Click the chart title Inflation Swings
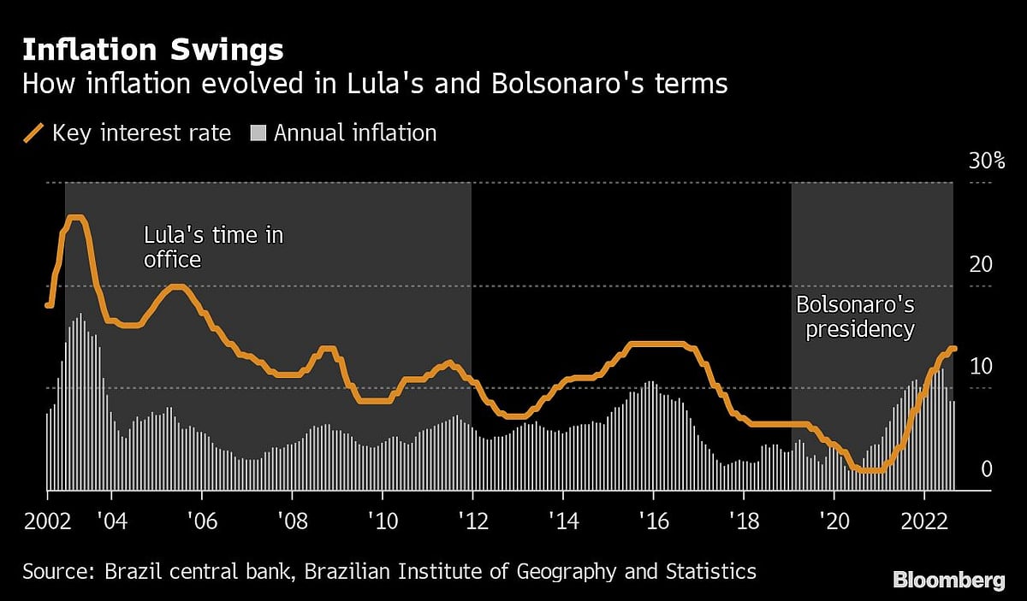[x=152, y=50]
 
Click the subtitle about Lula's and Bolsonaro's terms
[x=374, y=85]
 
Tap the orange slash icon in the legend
[x=34, y=133]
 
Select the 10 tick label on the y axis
[x=981, y=367]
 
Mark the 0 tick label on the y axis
[x=987, y=469]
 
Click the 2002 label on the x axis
[x=47, y=521]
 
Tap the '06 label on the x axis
[x=201, y=521]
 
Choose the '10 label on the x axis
[x=382, y=521]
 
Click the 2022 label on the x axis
[x=924, y=521]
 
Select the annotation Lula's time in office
[x=213, y=246]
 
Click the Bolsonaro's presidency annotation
[x=855, y=316]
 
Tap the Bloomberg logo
[x=948, y=580]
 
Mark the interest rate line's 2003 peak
[x=75, y=218]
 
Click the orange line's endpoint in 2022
[x=953, y=349]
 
